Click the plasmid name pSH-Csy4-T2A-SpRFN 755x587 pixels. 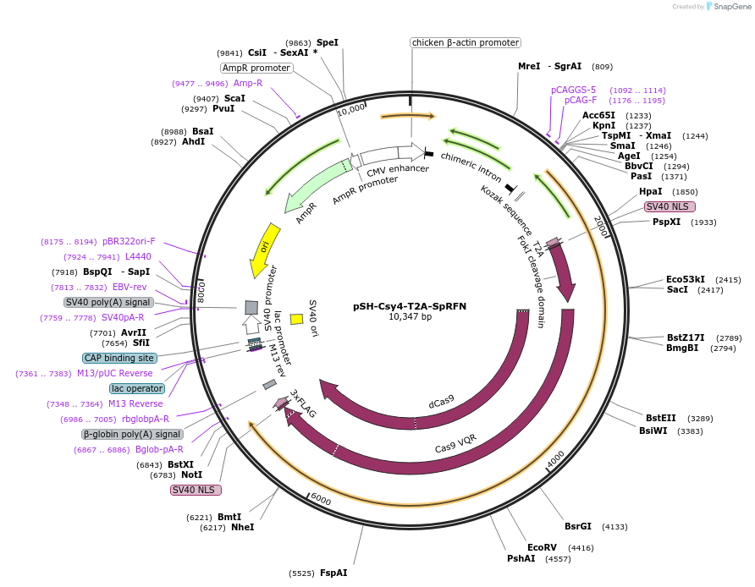(x=410, y=306)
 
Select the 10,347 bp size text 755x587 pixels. (x=410, y=317)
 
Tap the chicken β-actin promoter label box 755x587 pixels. (x=465, y=42)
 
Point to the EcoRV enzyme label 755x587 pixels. (x=542, y=547)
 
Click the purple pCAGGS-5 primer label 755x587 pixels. (x=573, y=90)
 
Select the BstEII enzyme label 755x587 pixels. (x=660, y=418)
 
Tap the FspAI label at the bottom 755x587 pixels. (x=333, y=573)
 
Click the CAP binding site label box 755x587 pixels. (x=118, y=358)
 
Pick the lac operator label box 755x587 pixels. (x=136, y=388)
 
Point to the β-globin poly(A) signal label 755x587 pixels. (x=132, y=434)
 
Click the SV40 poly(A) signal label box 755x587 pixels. (x=107, y=302)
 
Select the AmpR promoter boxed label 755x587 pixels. (x=256, y=68)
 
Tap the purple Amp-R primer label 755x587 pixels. (x=248, y=83)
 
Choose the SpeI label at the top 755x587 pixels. (x=327, y=42)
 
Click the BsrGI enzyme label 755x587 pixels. (x=578, y=526)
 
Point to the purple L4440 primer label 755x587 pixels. (x=138, y=256)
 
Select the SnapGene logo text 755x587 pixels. (x=730, y=7)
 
